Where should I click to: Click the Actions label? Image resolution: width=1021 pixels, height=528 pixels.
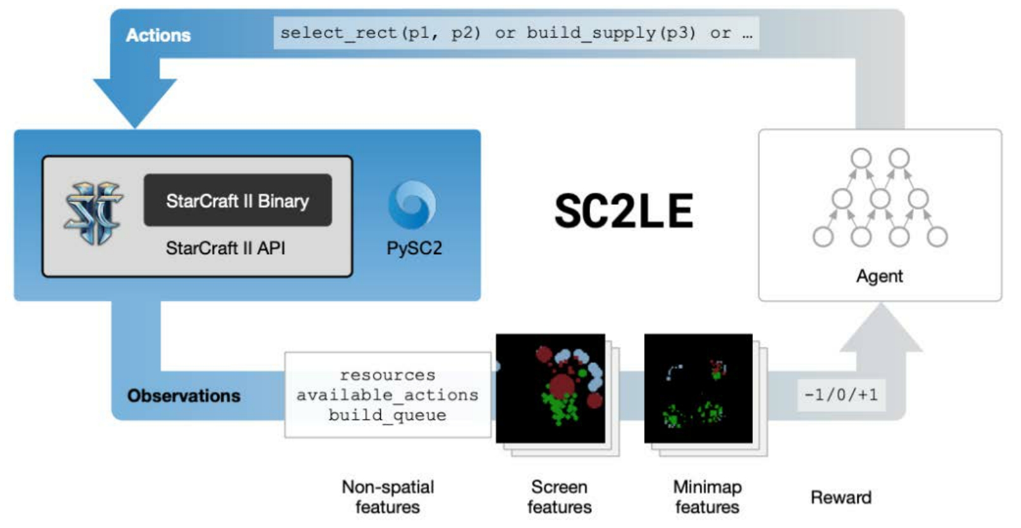tap(158, 35)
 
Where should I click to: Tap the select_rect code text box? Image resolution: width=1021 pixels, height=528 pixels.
tap(517, 33)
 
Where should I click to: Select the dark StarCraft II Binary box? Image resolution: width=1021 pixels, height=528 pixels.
tap(238, 200)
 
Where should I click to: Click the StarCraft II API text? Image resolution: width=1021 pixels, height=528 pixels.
tap(226, 248)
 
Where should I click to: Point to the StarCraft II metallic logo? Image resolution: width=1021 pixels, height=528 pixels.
tap(94, 213)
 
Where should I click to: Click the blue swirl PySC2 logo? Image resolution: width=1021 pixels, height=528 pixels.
tap(412, 204)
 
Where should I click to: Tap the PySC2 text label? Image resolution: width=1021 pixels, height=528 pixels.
tap(414, 248)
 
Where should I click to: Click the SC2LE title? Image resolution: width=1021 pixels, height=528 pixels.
tap(624, 210)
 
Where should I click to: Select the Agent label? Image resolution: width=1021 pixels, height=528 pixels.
tap(880, 276)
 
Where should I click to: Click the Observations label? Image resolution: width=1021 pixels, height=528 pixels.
tap(184, 396)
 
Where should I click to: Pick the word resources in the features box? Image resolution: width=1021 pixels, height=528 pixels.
tap(387, 375)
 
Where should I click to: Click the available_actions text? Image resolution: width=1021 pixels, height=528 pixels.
tap(387, 395)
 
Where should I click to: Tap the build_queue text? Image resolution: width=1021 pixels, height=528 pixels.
tap(387, 415)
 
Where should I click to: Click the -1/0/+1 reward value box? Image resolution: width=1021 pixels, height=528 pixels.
tap(842, 395)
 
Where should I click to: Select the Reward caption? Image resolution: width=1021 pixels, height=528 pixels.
tap(841, 497)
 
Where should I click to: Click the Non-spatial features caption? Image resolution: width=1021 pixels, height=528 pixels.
tap(388, 497)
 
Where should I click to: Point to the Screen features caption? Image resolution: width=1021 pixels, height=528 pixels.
tap(559, 497)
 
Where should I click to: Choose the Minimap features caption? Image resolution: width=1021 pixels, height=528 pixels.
tap(707, 497)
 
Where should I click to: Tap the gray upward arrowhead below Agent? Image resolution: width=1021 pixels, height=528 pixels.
tap(882, 328)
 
